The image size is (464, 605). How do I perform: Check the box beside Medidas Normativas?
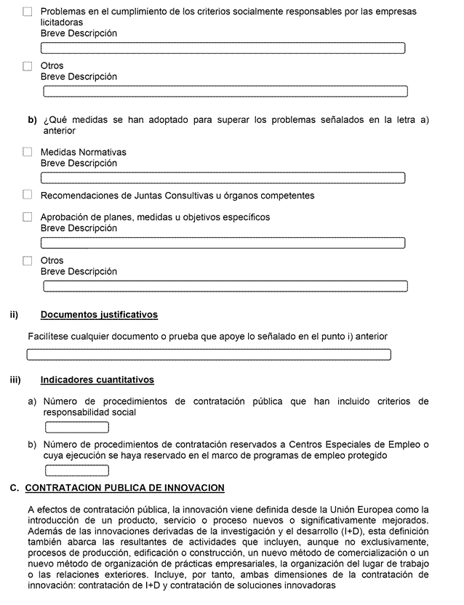click(28, 152)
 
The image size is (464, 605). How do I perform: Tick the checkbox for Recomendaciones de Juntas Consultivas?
click(28, 195)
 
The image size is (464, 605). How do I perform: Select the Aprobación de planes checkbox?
click(28, 217)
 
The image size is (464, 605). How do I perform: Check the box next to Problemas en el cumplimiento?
click(28, 12)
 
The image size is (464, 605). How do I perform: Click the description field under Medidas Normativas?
click(223, 178)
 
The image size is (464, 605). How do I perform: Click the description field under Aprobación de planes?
click(223, 243)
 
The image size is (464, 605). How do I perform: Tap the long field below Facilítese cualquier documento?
click(209, 355)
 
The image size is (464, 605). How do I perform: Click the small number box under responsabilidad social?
click(76, 428)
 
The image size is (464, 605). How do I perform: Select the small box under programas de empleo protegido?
click(76, 470)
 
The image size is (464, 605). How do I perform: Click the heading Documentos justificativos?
click(99, 315)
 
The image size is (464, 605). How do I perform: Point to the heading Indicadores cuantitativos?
click(97, 380)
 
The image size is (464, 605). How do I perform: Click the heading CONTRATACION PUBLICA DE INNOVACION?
click(124, 487)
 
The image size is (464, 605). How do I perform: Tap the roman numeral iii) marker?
click(15, 380)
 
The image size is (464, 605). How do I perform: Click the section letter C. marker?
click(15, 487)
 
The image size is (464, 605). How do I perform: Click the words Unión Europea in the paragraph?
click(379, 509)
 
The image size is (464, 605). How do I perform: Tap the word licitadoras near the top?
click(61, 23)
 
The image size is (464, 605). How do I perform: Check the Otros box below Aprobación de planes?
click(28, 260)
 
